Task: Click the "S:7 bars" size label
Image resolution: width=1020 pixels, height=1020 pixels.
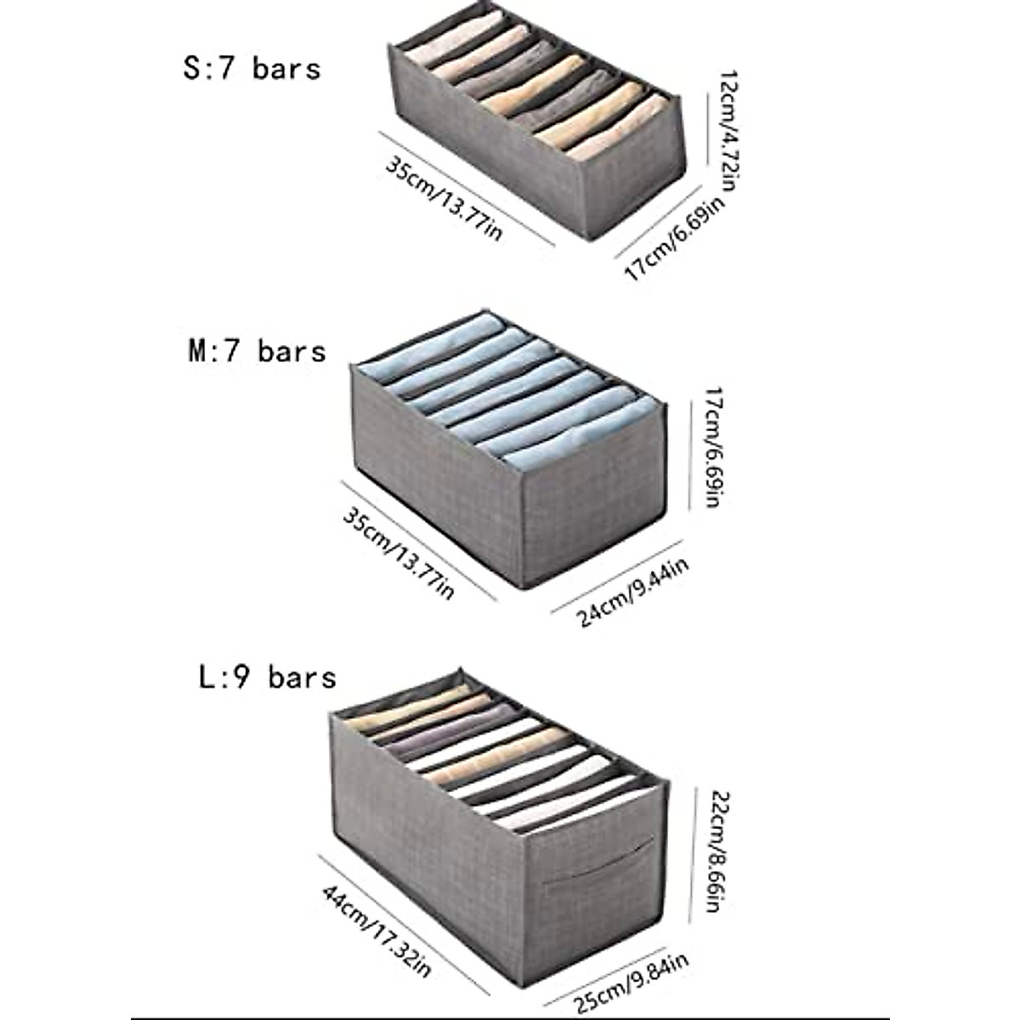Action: tap(252, 68)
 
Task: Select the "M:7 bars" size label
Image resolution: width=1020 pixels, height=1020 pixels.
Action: tap(257, 350)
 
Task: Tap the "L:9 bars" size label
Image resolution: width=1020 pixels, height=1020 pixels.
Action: tap(267, 677)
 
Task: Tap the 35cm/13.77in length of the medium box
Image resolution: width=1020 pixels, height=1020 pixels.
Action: tap(398, 552)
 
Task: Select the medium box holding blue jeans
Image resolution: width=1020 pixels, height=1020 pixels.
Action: tap(510, 442)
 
